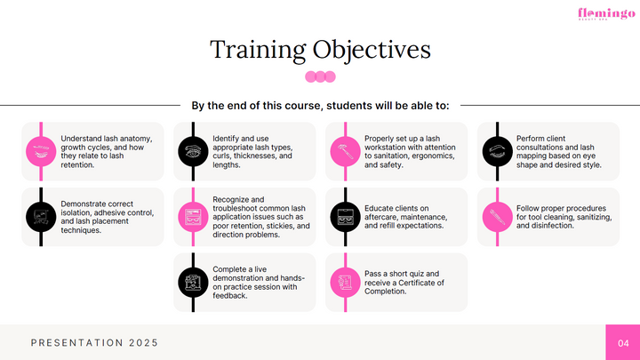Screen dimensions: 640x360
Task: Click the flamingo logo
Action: point(606,14)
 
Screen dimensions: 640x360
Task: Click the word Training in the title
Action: point(258,50)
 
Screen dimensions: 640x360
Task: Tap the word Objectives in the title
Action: point(372,50)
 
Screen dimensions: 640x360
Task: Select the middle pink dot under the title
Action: point(320,76)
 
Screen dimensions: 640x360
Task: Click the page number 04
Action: point(623,343)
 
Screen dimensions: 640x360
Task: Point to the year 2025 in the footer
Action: point(144,343)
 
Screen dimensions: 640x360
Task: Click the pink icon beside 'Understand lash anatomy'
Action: point(41,151)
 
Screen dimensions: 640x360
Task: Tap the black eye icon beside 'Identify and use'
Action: point(193,151)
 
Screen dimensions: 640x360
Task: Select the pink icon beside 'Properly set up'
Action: point(345,151)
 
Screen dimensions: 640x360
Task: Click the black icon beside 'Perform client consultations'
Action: point(497,151)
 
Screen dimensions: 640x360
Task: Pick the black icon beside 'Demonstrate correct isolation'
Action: point(41,217)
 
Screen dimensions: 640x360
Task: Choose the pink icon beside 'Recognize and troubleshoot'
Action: point(193,217)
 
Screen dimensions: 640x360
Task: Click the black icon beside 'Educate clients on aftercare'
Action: point(345,217)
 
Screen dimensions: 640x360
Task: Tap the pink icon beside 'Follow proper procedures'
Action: point(497,217)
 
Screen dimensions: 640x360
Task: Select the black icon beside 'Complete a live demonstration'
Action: point(193,283)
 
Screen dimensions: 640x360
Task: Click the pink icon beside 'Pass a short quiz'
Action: point(345,283)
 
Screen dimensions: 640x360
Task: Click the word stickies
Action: point(280,226)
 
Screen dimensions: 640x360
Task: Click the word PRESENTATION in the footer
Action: point(77,343)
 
